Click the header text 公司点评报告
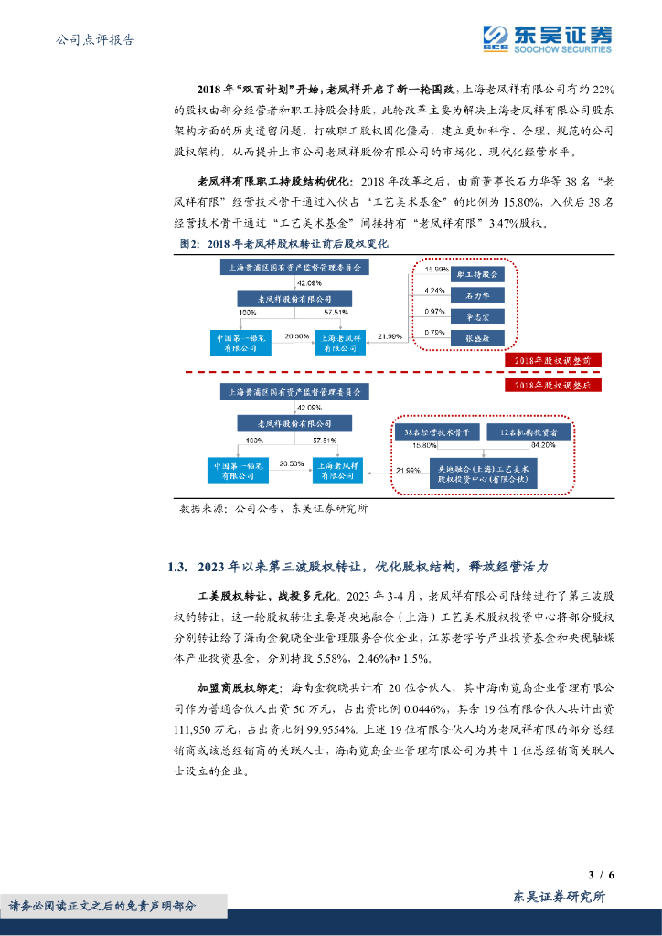pos(95,39)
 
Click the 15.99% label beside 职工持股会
pos(437,271)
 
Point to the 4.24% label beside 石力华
pos(436,292)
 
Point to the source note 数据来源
pos(274,509)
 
